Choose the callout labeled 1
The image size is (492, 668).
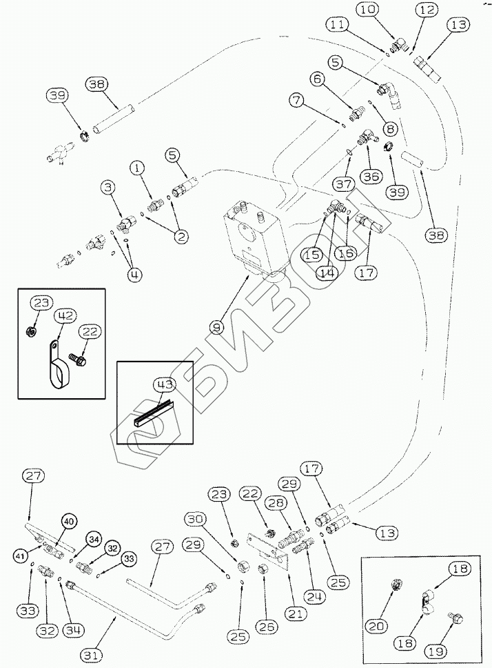[x=138, y=168]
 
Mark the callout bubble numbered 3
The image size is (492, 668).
[x=107, y=187]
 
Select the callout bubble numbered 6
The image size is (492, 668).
[x=318, y=80]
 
